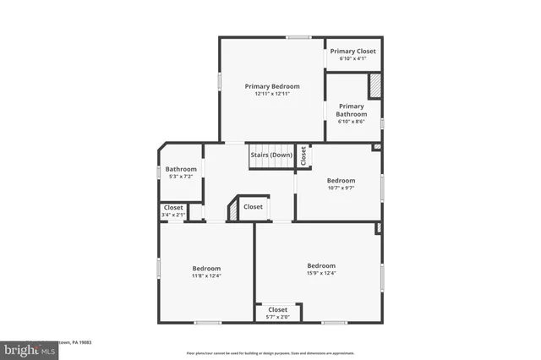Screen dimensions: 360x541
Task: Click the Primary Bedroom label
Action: (x=272, y=86)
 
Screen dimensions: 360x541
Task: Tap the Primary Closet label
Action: (x=352, y=52)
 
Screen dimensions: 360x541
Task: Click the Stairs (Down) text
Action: (x=270, y=155)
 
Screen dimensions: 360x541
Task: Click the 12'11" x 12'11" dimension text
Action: (x=272, y=94)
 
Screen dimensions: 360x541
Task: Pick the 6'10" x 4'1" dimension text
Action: (x=352, y=59)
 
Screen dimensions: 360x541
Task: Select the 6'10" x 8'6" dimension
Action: (x=352, y=122)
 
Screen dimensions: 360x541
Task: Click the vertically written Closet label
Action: (x=303, y=155)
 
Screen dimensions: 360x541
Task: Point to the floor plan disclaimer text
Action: (x=270, y=352)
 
